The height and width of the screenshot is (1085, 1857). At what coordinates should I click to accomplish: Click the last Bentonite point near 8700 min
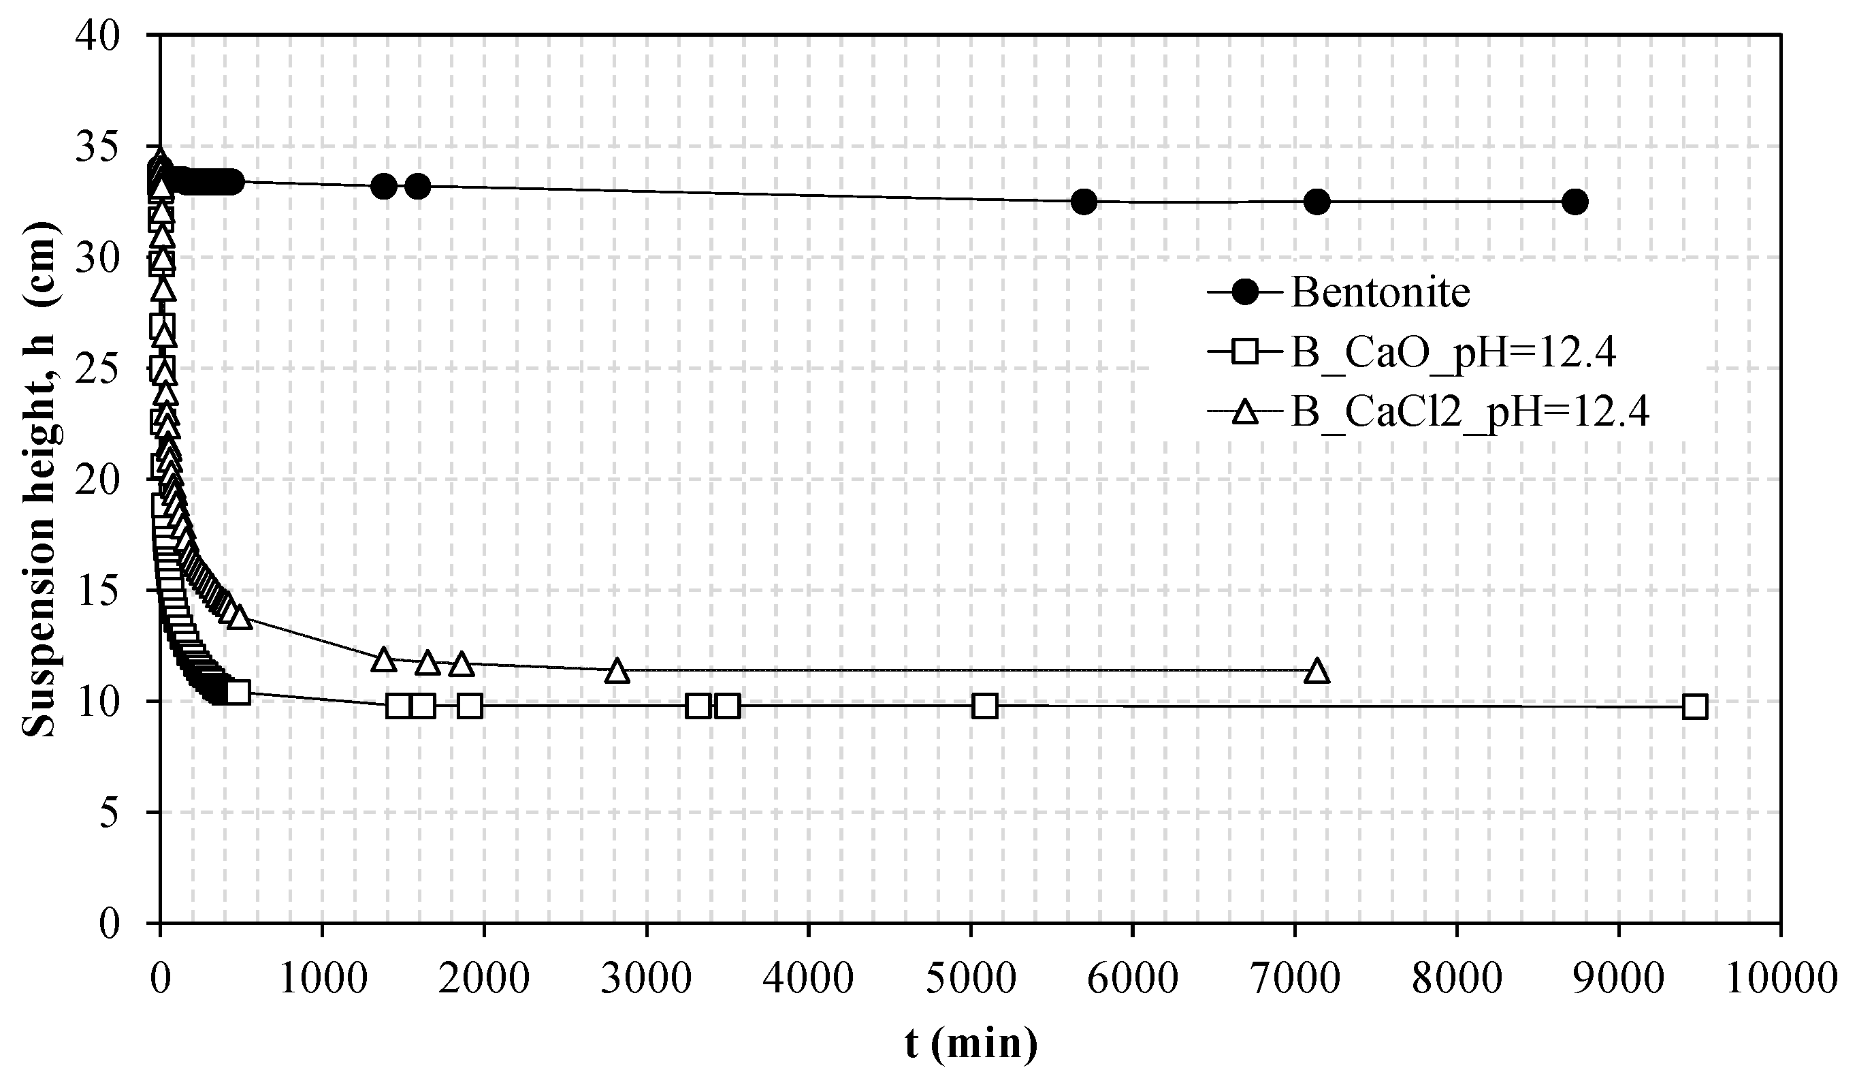(1575, 201)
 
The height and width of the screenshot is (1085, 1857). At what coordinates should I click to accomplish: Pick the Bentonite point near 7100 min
(1317, 201)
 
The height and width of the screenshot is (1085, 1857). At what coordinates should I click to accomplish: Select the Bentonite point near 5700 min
(1084, 201)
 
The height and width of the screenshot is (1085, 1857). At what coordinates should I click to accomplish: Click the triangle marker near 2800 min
(617, 672)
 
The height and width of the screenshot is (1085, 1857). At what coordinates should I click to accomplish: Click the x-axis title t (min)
(971, 1043)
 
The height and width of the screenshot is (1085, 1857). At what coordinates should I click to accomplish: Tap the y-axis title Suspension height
(38, 479)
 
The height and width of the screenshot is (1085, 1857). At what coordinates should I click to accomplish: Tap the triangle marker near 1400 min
(383, 659)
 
